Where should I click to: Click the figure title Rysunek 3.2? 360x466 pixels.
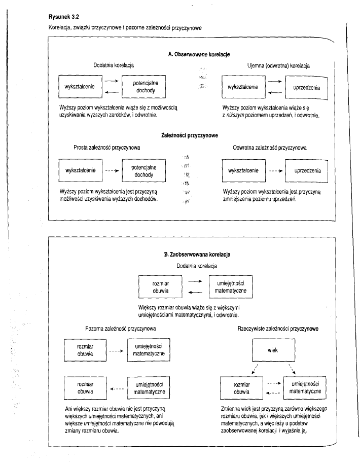click(x=59, y=16)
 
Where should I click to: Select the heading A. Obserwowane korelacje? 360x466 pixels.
click(x=198, y=54)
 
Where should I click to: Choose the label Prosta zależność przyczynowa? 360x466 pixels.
click(x=107, y=148)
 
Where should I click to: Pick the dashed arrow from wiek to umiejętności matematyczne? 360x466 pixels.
click(x=292, y=369)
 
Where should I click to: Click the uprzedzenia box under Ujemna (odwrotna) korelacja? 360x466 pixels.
click(x=307, y=87)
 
